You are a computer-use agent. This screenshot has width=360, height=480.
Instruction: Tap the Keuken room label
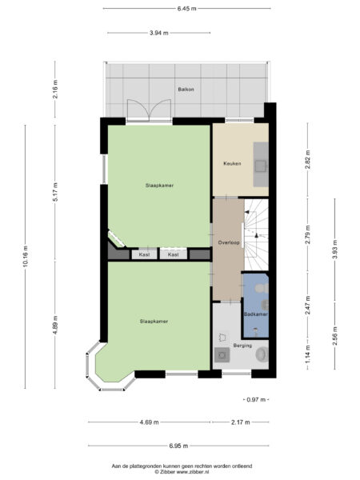pos(232,164)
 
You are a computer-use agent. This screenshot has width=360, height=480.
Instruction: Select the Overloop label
pos(227,242)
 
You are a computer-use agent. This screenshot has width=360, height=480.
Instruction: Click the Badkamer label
pos(255,314)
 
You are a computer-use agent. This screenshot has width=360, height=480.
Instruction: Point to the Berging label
pos(242,346)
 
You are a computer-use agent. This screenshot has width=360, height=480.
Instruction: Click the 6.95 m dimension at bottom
pos(178,446)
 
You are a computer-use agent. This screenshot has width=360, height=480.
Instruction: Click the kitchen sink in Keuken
pos(260,166)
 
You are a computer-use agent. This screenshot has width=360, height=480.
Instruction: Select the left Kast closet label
pos(145,254)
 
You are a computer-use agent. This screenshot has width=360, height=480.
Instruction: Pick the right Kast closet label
pos(173,254)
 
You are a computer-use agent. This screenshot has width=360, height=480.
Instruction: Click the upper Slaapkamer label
pos(160,185)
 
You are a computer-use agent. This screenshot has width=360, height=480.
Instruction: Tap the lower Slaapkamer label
pos(154,322)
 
